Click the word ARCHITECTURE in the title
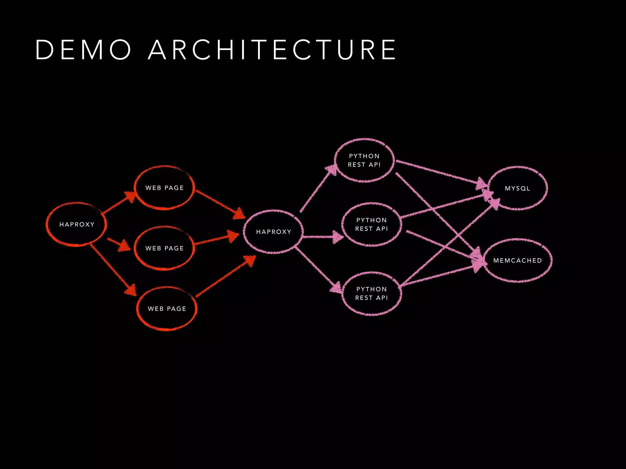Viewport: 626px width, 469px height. [x=272, y=49]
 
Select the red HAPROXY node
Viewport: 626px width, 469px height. [x=76, y=224]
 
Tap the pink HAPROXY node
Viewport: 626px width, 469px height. [x=274, y=232]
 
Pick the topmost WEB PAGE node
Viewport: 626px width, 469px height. [x=164, y=188]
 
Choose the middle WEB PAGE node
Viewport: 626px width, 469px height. [x=164, y=248]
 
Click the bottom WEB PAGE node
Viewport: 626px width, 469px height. [x=167, y=309]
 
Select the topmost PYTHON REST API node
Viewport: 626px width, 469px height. [x=364, y=160]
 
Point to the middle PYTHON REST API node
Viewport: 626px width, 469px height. [x=371, y=224]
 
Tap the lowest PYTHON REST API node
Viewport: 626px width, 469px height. [x=371, y=293]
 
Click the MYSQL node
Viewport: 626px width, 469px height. [x=517, y=188]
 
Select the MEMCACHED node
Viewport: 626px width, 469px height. [x=517, y=260]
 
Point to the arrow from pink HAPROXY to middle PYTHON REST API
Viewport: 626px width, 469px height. [x=321, y=237]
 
